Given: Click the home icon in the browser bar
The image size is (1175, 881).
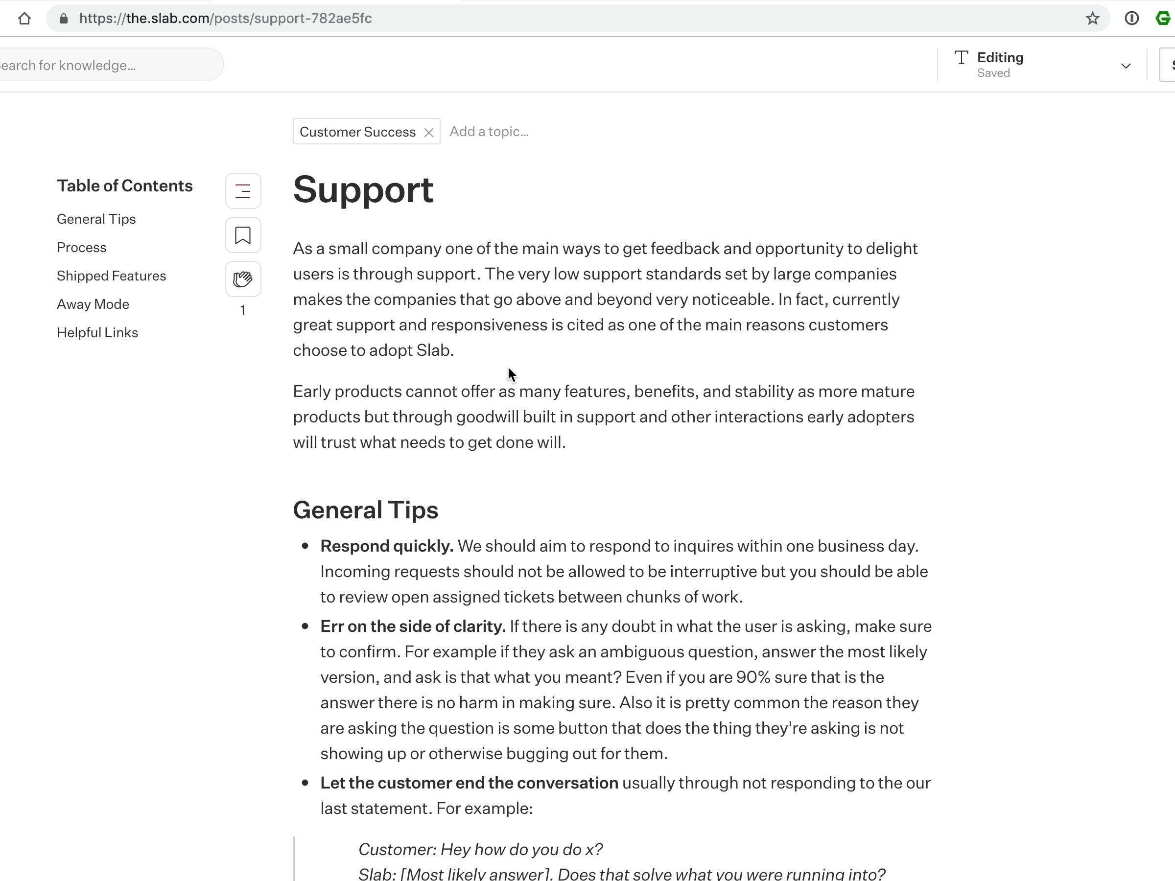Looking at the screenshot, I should pos(24,19).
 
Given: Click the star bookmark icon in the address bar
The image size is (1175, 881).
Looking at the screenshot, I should pos(1092,19).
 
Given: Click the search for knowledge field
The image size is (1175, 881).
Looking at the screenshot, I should pos(106,65).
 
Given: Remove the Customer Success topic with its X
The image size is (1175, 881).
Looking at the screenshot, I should pos(429,132).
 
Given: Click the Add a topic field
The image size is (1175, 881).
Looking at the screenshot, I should pos(489,132).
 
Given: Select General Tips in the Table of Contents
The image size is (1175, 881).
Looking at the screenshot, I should pos(96,219).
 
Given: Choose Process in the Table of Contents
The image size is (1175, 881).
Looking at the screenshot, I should pos(81,248).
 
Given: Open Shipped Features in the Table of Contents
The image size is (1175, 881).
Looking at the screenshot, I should pos(111,276).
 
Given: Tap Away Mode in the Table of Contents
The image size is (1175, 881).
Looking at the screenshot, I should pos(93,304).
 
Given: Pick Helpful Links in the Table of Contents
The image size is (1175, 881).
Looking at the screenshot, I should pos(97,332).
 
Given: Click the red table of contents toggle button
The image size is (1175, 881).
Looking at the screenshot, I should pos(243,191).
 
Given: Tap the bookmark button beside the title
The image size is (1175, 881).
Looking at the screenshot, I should pos(243,235).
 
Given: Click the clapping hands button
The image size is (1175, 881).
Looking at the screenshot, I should pos(243,279).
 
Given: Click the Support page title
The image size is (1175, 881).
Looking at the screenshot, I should pos(363,189).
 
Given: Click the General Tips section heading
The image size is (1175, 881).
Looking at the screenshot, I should pos(365,510).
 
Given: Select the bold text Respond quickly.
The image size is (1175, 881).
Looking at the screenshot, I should pos(386,546).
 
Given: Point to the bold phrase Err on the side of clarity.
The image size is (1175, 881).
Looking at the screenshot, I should pos(412,626).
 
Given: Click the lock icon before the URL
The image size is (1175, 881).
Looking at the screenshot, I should pos(64,19).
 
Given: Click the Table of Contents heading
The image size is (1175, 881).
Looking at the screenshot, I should pos(124,186).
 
